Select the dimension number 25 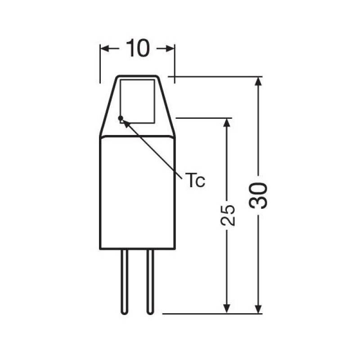tap(228, 215)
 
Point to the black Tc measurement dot tap(121, 118)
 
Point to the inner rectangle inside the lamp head tap(138, 101)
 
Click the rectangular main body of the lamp tap(137, 193)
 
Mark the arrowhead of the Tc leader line tap(125, 122)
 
